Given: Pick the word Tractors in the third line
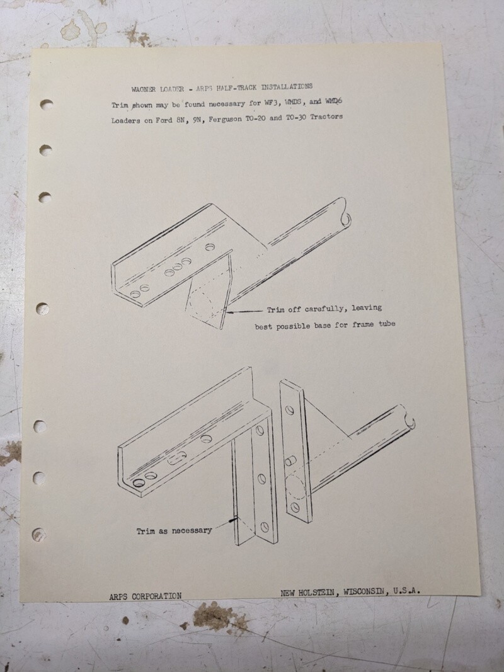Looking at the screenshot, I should [x=321, y=117].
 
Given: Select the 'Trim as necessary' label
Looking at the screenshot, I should [x=174, y=530].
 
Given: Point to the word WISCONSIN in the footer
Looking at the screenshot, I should [x=360, y=592].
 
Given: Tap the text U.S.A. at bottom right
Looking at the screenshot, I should [x=407, y=591].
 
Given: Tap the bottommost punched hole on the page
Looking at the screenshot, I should [x=39, y=535].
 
